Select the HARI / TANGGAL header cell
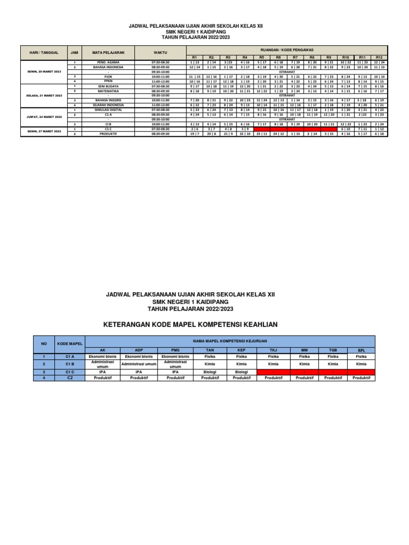click(x=43, y=53)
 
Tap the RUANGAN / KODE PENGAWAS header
click(x=287, y=49)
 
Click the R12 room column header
click(x=379, y=57)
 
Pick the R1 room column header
click(x=194, y=57)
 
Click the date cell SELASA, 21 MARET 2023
click(x=43, y=95)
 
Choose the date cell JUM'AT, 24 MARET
click(x=43, y=117)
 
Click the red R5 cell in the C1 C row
click(x=261, y=129)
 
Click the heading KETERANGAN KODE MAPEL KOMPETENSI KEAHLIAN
click(x=190, y=324)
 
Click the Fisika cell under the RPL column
click(x=361, y=357)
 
